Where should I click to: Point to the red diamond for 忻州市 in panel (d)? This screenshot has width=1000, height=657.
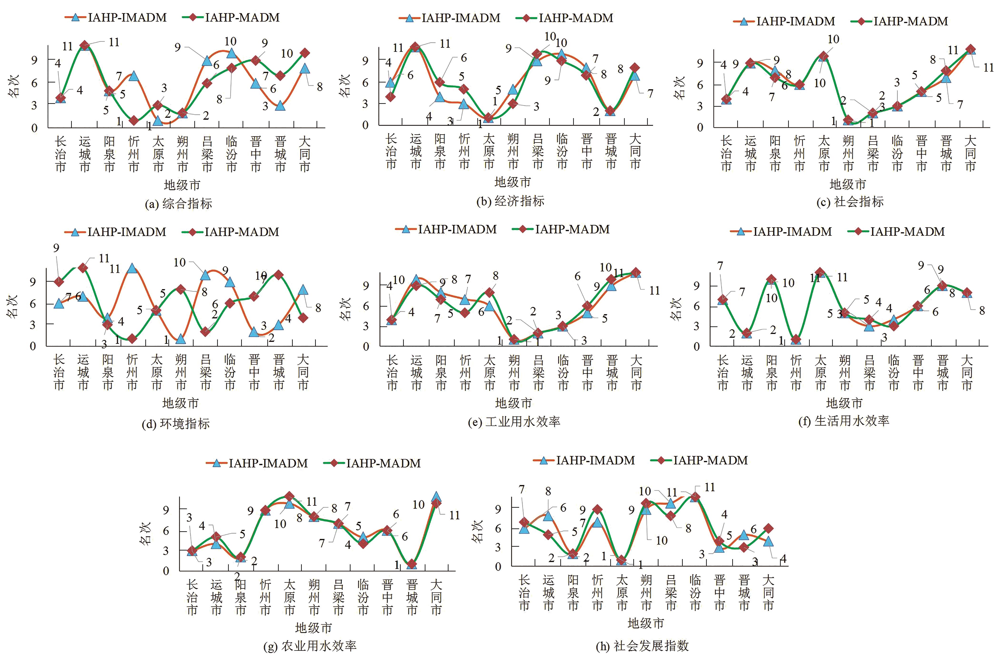[x=132, y=338]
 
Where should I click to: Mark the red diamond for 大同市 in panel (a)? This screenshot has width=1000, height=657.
[x=305, y=53]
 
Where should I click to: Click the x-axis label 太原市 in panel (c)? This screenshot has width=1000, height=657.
[x=824, y=153]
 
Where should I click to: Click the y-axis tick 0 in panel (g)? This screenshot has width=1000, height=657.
[x=166, y=571]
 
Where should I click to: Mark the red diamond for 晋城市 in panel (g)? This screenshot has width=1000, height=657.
[x=412, y=564]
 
